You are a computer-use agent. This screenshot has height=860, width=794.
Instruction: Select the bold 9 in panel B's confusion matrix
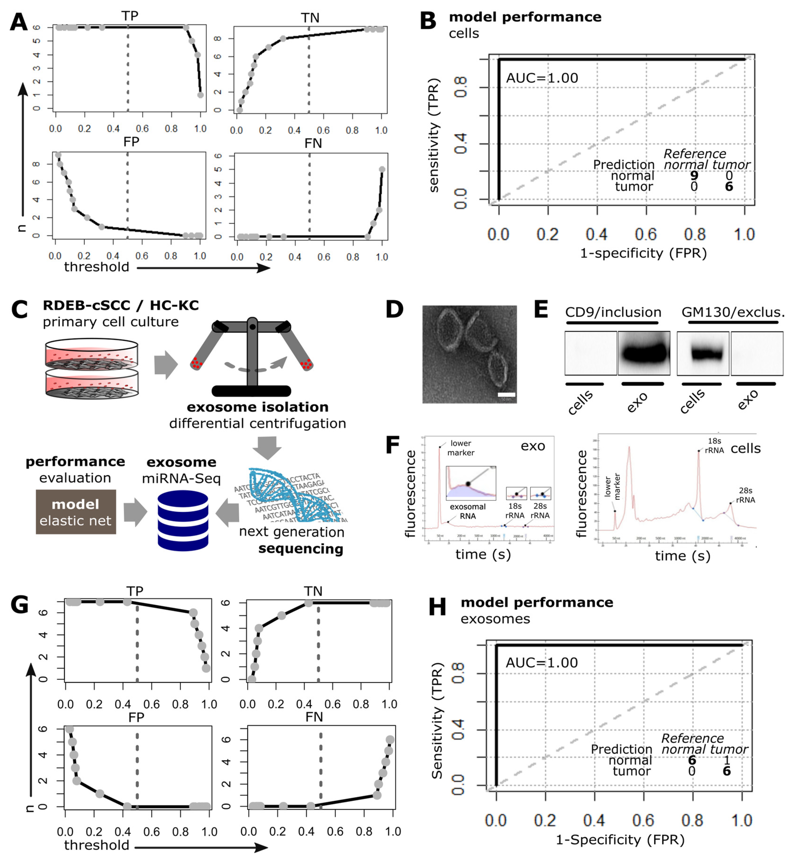(694, 176)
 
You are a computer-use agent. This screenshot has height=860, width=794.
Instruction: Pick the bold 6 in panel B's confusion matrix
(729, 187)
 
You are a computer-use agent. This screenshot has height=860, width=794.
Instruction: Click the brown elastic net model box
(76, 512)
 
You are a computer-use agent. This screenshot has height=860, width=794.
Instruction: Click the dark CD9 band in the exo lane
(644, 353)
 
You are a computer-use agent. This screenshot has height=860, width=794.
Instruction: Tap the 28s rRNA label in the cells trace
(745, 495)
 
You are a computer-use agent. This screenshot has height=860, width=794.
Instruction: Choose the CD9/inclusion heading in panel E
(613, 312)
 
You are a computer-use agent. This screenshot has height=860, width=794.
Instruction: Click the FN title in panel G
(314, 717)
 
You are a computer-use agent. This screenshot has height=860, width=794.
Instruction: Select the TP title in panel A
(130, 16)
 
